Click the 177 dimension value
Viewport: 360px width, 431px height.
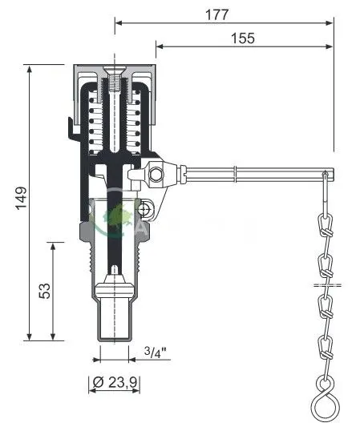[x=217, y=14]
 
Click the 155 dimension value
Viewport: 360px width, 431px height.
[x=243, y=38]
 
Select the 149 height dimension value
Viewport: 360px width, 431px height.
[x=21, y=198]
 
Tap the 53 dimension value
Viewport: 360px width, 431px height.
[x=45, y=291]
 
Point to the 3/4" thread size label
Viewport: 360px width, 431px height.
[x=156, y=352]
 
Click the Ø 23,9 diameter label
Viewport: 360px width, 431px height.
[x=115, y=382]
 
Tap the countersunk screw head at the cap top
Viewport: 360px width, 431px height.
[x=115, y=69]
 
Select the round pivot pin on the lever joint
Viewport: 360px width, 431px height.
[x=156, y=175]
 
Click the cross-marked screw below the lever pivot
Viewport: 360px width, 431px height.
[x=144, y=210]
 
